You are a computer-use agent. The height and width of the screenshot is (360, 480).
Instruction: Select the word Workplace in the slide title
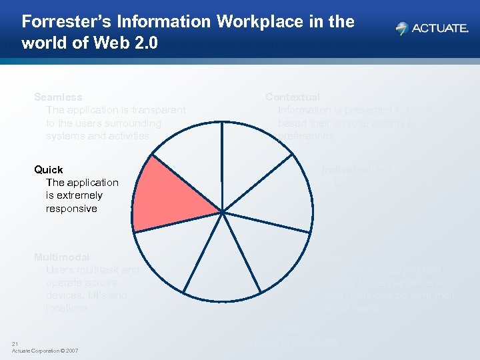click(254, 22)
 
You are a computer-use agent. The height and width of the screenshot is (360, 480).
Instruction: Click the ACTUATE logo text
click(439, 29)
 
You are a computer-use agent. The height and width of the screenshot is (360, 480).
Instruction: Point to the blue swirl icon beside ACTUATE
click(401, 29)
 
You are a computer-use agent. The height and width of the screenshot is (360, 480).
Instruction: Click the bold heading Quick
click(49, 169)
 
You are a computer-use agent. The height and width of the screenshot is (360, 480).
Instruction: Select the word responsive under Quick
click(71, 209)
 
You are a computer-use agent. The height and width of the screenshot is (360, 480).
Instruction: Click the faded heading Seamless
click(58, 97)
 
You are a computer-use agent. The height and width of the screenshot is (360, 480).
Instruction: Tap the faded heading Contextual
click(293, 97)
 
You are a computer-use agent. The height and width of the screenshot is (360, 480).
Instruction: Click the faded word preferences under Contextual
click(306, 136)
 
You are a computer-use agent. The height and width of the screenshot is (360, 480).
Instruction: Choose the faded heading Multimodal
click(62, 257)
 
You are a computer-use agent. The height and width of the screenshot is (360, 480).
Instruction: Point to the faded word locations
click(67, 308)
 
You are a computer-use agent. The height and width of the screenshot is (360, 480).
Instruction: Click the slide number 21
click(15, 344)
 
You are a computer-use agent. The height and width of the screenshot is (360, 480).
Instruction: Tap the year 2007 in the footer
click(71, 351)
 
